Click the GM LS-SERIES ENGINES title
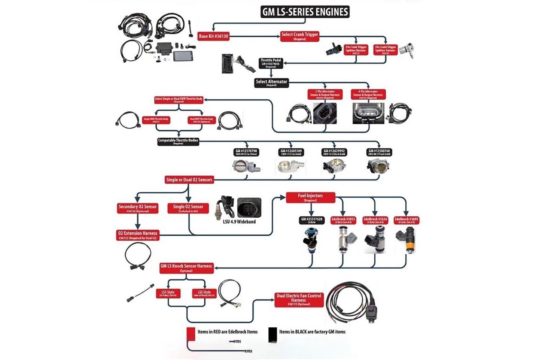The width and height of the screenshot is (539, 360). pos(305,12)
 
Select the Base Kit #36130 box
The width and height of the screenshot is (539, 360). pos(213,36)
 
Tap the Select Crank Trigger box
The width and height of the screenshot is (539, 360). pos(299,36)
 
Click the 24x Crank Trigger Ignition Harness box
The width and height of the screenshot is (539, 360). pos(356,50)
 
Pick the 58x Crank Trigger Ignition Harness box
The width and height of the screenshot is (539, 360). pos(385,50)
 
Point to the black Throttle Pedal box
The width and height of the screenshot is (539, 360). pos(271,63)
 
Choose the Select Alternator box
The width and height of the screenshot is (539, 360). pos(271,83)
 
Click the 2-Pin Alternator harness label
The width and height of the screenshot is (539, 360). pos(325,94)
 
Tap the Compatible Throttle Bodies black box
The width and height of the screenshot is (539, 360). pos(178,142)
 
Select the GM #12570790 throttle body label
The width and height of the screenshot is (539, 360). pos(246,152)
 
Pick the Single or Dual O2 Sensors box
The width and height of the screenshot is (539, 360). pos(189,180)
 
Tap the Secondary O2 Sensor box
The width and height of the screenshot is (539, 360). pos(137,208)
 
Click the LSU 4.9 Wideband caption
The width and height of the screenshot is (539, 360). pos(239,222)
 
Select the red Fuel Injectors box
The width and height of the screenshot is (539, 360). pos(310,197)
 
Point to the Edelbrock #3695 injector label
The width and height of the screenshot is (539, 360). pos(406,221)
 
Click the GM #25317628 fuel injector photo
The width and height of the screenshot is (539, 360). pos(311,240)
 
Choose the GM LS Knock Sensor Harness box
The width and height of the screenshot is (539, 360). pos(186,268)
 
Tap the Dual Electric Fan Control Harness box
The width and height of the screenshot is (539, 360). pos(299,300)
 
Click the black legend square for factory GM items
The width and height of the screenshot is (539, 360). pos(272,335)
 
